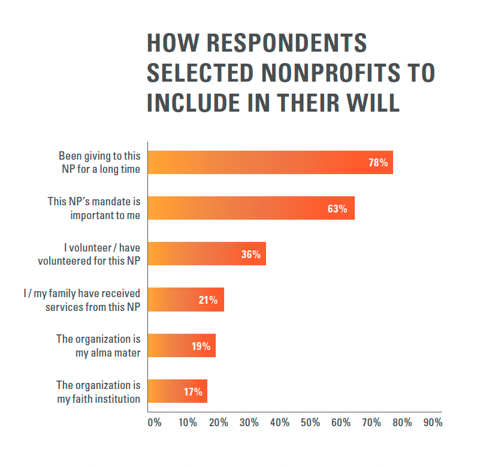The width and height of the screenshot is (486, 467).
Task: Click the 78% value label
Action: [x=378, y=163]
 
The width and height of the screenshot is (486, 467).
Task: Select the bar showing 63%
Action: [x=251, y=208]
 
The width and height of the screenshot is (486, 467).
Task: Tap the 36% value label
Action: [x=250, y=255]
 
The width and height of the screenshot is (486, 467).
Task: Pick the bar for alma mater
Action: [x=182, y=346]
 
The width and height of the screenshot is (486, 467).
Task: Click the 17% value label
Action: [x=193, y=392]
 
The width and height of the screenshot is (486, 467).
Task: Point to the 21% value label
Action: [x=208, y=300]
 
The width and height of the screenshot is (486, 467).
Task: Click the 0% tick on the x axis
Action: [x=155, y=423]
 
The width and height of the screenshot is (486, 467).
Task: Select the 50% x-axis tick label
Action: [x=310, y=423]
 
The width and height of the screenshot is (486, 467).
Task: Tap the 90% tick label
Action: [x=433, y=423]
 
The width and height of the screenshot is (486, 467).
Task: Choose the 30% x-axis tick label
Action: [x=249, y=423]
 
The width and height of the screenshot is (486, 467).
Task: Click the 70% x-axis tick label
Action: [x=372, y=423]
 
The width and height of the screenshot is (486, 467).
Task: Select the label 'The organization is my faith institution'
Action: [x=98, y=392]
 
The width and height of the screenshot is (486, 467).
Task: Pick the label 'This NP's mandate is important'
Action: [x=94, y=208]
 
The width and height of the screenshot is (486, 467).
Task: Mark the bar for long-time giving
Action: [x=270, y=163]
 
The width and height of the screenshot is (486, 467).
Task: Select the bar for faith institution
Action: [x=177, y=392]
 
